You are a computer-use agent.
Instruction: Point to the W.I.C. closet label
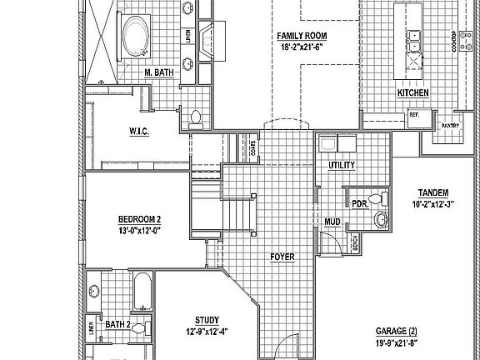[x=138, y=131]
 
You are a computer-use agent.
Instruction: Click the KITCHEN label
[x=412, y=93]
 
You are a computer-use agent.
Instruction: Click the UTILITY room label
[x=341, y=165]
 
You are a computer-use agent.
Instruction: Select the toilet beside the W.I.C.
[x=197, y=117]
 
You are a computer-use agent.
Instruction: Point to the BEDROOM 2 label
[x=139, y=220]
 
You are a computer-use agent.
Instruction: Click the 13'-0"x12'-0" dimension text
[x=139, y=231]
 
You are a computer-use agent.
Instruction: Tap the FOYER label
[x=282, y=257]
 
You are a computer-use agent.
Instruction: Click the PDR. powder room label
[x=360, y=202]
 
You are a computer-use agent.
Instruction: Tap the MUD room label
[x=332, y=222]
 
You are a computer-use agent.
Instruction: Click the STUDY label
[x=207, y=320]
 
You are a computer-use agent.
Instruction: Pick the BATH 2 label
[x=118, y=323]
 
